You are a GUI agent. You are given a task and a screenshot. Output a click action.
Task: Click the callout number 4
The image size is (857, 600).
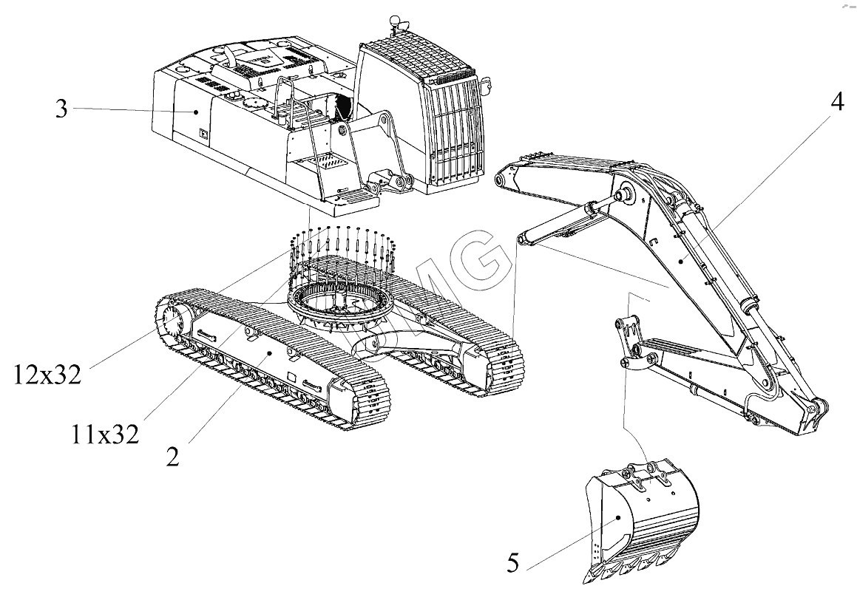pyautogui.click(x=836, y=103)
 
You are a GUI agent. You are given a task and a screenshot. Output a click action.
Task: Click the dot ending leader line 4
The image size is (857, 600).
pyautogui.click(x=680, y=261)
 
